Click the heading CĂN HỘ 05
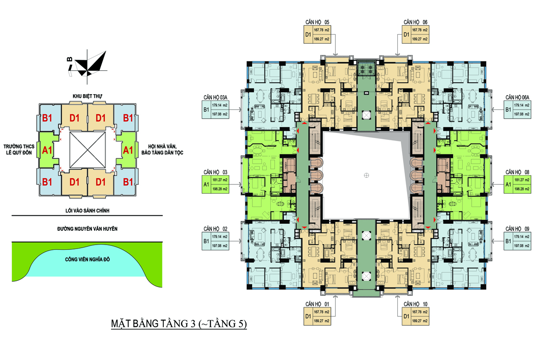click(317, 22)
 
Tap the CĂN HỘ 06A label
click(517, 97)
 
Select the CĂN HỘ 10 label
click(415, 304)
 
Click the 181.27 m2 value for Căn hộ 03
click(220, 180)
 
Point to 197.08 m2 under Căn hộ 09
click(522, 246)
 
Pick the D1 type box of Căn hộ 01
click(308, 316)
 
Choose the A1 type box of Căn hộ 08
click(508, 184)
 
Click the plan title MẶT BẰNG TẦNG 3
click(153, 324)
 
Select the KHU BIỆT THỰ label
click(88, 96)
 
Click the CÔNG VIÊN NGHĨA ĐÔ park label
click(88, 259)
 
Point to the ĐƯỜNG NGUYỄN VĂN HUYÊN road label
click(88, 229)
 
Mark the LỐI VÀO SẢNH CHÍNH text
click(88, 211)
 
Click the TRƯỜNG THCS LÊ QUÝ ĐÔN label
click(19, 149)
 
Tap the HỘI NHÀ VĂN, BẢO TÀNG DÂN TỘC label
click(162, 149)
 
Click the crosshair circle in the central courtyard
click(366, 176)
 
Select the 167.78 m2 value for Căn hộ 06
click(420, 30)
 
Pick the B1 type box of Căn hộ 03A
click(206, 110)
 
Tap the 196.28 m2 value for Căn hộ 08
click(522, 189)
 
